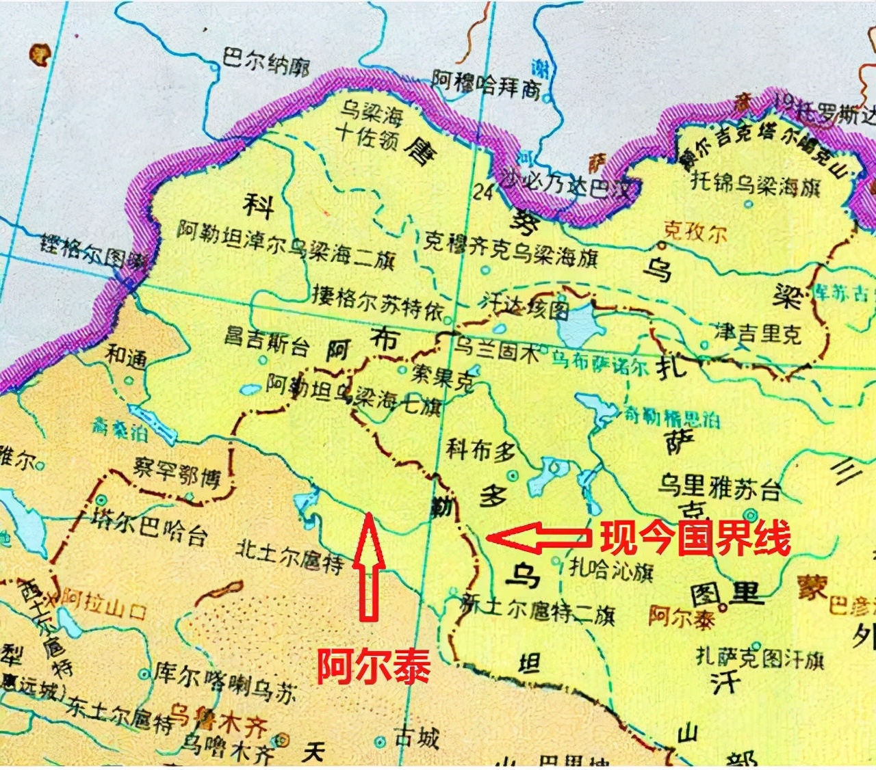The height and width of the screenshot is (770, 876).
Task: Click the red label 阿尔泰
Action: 373,665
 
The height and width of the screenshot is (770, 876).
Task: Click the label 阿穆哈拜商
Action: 486,84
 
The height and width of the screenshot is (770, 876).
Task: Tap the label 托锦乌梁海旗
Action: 756,183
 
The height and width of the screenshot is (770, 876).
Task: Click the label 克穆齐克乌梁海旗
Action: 511,249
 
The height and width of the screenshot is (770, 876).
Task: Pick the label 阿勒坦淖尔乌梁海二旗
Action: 286,243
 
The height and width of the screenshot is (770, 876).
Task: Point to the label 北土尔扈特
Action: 289,556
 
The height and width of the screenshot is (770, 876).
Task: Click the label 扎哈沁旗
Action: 611,569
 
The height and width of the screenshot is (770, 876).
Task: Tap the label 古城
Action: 416,738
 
